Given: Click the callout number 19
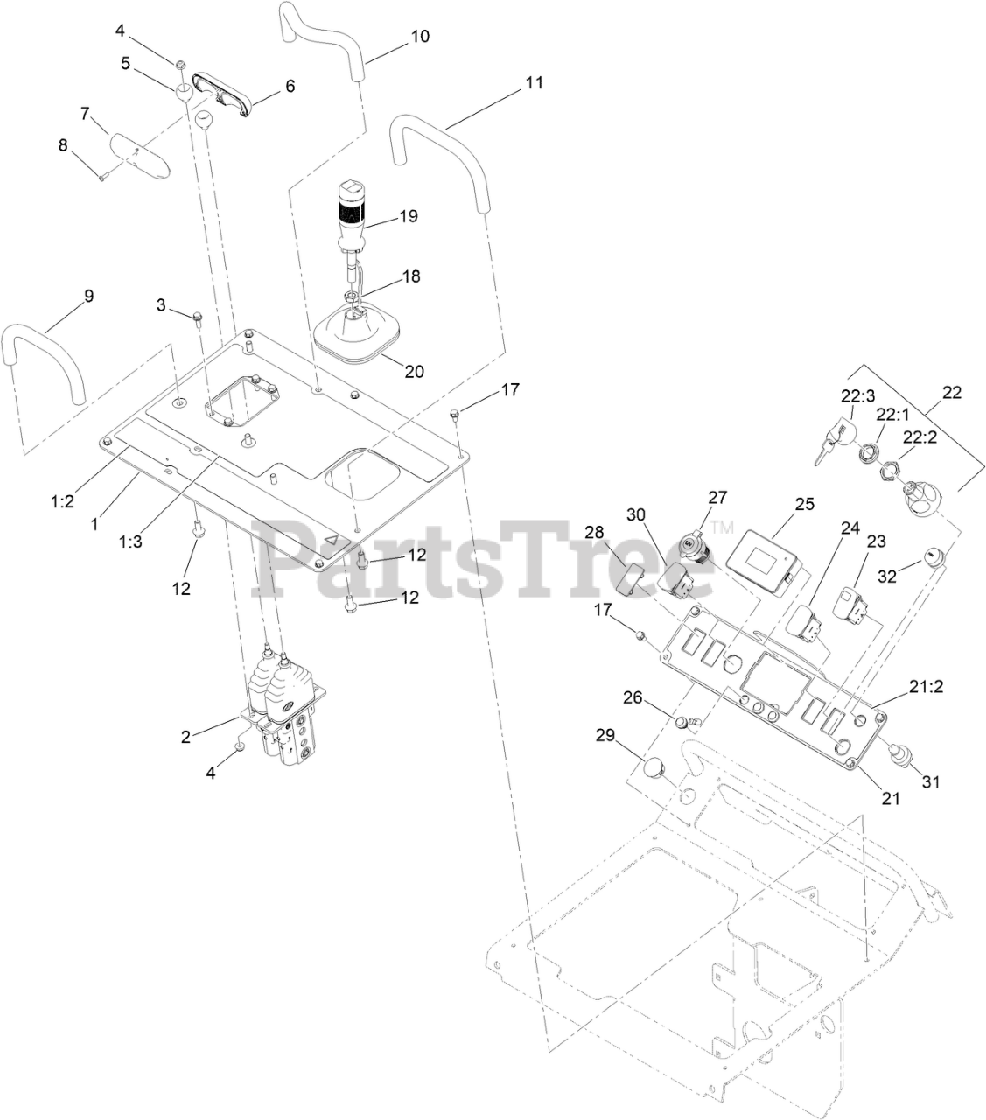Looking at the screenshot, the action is pyautogui.click(x=408, y=215).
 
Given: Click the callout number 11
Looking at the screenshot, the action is pyautogui.click(x=534, y=83).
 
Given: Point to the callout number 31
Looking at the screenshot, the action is pyautogui.click(x=930, y=781).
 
